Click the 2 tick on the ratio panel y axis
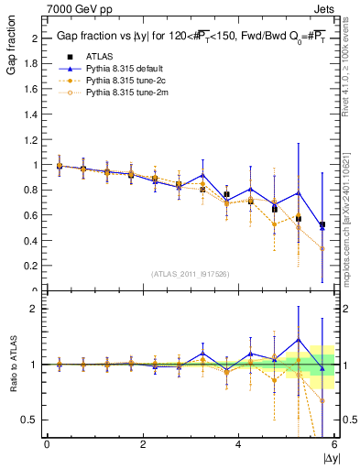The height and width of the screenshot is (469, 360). pyautogui.click(x=38, y=309)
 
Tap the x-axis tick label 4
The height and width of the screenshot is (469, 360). pyautogui.click(x=238, y=443)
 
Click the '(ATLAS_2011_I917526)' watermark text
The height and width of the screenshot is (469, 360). pyautogui.click(x=191, y=274)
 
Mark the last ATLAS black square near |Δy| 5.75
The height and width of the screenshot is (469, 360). pyautogui.click(x=322, y=224)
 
